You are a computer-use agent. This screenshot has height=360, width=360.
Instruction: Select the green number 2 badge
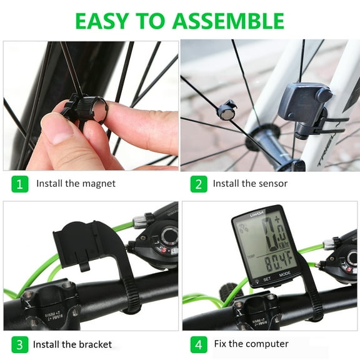point(198,184)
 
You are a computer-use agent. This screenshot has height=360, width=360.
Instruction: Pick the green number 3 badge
point(19,344)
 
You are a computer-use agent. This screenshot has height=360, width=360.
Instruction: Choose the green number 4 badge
point(198,344)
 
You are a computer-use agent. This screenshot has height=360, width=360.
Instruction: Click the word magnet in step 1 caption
point(99,184)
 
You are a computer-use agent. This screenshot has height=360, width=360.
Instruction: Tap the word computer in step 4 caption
point(267,344)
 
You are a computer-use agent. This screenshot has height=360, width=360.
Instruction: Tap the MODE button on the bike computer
point(285,274)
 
